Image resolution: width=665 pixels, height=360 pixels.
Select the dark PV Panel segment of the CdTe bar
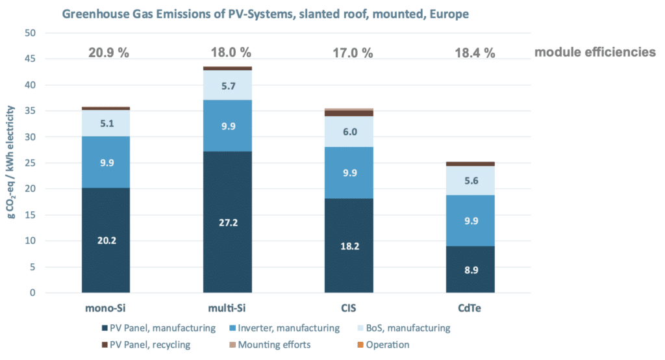coord(470,270)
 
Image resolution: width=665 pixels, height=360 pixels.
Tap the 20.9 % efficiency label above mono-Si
coord(106,53)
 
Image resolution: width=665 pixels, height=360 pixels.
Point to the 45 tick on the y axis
coord(30,59)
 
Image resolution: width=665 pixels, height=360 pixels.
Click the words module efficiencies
coord(594,53)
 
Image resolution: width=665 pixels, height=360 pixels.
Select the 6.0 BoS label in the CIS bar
coord(349,131)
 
